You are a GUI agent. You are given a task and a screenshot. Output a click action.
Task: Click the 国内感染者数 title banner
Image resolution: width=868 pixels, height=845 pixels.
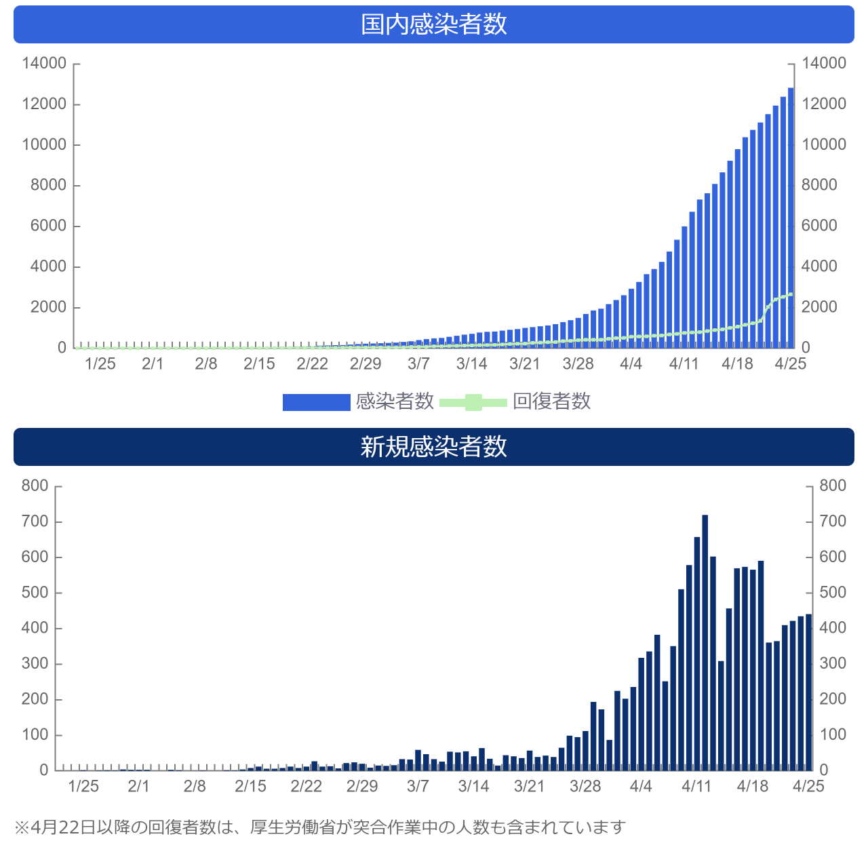click(434, 24)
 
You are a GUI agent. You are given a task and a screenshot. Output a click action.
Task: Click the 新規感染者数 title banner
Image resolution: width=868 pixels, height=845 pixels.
click(434, 447)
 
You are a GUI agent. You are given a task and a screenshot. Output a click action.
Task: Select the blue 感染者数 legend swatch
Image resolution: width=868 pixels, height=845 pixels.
click(316, 402)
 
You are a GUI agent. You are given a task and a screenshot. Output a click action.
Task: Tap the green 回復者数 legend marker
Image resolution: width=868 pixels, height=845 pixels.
click(473, 402)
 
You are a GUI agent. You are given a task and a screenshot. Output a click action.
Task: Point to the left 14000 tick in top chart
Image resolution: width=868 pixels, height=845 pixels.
click(45, 64)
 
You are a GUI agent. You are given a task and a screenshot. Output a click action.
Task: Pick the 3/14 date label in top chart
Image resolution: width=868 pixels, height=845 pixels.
click(471, 364)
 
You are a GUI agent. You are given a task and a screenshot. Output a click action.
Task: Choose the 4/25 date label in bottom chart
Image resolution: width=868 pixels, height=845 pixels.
click(808, 787)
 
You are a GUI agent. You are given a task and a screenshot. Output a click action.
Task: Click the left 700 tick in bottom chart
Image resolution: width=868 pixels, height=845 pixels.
click(35, 522)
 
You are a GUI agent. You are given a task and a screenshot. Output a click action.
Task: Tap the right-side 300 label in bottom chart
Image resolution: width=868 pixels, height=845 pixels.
click(833, 664)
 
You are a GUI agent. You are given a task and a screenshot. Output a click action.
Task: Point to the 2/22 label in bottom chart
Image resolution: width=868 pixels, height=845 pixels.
click(306, 787)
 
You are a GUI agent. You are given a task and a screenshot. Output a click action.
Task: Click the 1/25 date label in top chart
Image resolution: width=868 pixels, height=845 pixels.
click(100, 364)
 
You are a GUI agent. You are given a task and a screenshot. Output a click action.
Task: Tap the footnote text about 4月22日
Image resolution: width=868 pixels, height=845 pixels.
click(319, 827)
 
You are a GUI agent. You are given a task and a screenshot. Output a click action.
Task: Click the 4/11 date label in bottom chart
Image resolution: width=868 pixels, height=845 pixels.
click(696, 787)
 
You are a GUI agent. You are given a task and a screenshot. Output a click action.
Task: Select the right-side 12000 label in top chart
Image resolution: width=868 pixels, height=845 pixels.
click(824, 104)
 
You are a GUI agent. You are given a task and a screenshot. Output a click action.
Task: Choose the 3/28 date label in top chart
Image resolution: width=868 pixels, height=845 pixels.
click(578, 364)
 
